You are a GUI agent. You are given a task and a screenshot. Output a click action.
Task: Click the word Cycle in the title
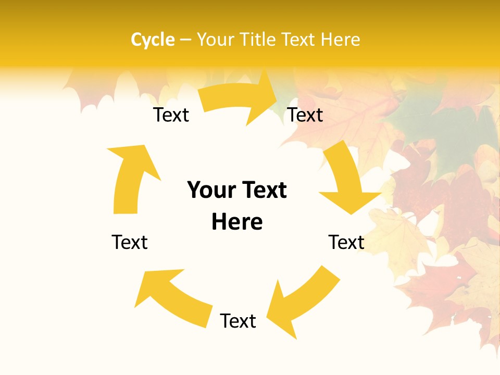coord(153,40)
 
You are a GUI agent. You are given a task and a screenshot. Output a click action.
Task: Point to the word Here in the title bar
coord(341,40)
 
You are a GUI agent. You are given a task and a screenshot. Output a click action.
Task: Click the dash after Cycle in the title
coord(185,40)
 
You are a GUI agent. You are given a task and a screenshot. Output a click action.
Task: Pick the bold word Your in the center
coord(211,191)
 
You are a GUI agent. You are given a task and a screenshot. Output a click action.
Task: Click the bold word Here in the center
coord(237,222)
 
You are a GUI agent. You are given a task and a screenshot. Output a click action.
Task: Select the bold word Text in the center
coord(262,191)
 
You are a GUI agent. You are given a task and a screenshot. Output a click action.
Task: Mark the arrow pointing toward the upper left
coord(172,297)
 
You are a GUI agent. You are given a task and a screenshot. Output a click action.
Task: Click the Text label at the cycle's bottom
coord(238,321)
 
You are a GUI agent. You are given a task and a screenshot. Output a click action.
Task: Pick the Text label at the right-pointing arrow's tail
coord(171,115)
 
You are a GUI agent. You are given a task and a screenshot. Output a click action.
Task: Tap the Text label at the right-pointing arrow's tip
coord(306,115)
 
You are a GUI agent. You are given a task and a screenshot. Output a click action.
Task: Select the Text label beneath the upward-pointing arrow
coord(130,242)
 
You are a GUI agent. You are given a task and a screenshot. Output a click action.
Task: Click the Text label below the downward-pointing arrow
coord(346,242)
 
